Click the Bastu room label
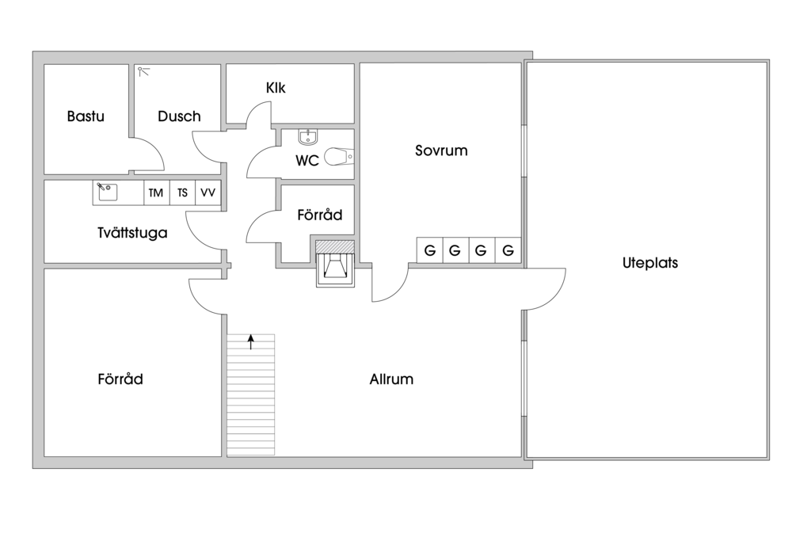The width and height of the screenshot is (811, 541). tap(86, 116)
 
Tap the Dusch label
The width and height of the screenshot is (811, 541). tap(179, 116)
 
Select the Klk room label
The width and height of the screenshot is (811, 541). tap(276, 88)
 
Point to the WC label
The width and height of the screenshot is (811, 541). tap(307, 161)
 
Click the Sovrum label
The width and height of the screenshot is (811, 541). tap(441, 150)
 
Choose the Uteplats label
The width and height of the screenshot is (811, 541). tap(649, 264)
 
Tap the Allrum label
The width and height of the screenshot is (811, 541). tap(391, 379)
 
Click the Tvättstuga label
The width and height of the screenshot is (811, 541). tap(132, 233)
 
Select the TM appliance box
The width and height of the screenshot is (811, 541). tap(155, 193)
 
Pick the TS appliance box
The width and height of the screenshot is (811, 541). tap(182, 193)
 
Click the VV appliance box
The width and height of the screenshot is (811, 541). tap(208, 193)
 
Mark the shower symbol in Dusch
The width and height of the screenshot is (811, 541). tap(143, 71)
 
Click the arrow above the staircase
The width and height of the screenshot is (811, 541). tap(251, 341)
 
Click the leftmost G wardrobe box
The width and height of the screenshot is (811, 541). tap(430, 250)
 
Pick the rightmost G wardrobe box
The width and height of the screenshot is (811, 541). tap(508, 250)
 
